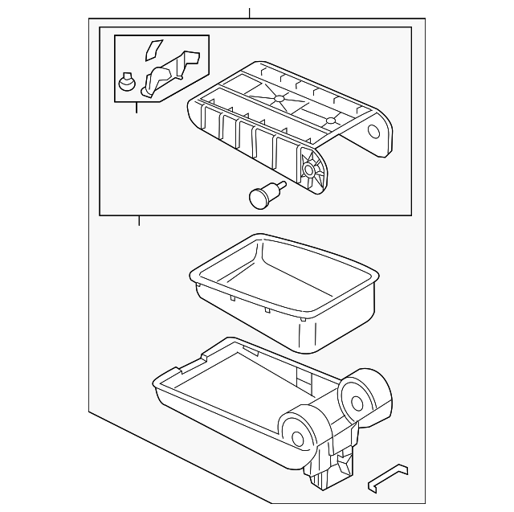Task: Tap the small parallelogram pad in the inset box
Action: pos(153,50)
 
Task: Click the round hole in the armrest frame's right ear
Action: pos(374,132)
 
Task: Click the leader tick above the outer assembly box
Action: pos(250,12)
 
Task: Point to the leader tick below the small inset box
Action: pos(137,108)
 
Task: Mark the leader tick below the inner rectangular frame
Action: pos(139,221)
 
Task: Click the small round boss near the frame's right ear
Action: pos(331,121)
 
